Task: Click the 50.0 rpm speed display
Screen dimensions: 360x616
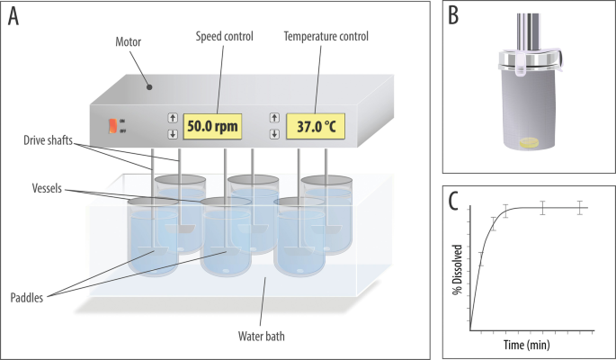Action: tap(214, 127)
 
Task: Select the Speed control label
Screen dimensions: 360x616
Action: tap(224, 36)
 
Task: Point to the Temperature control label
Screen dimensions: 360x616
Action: tap(326, 36)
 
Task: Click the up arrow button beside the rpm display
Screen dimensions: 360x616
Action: tap(172, 118)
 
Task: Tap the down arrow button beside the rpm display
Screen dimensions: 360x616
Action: tap(172, 135)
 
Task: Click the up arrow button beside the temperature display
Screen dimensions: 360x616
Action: tap(274, 118)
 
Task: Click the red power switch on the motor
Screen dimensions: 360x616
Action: tap(112, 127)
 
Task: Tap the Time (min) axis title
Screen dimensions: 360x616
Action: tap(526, 344)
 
